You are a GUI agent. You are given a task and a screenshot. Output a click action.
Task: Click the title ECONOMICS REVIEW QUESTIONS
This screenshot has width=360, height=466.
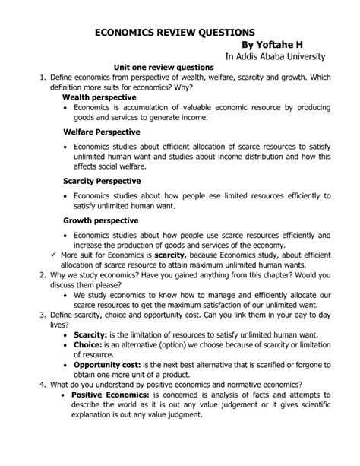[175, 33]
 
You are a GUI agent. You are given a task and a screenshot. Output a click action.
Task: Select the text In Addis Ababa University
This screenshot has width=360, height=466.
[275, 58]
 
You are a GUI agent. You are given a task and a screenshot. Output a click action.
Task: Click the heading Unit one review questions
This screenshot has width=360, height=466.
[163, 68]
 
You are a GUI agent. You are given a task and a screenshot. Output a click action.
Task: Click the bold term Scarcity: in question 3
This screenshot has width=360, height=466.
[91, 334]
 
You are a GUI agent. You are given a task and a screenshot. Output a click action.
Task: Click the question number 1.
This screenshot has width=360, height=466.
[33, 78]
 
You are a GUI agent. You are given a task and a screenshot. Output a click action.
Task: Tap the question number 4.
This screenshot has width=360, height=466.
[33, 385]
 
